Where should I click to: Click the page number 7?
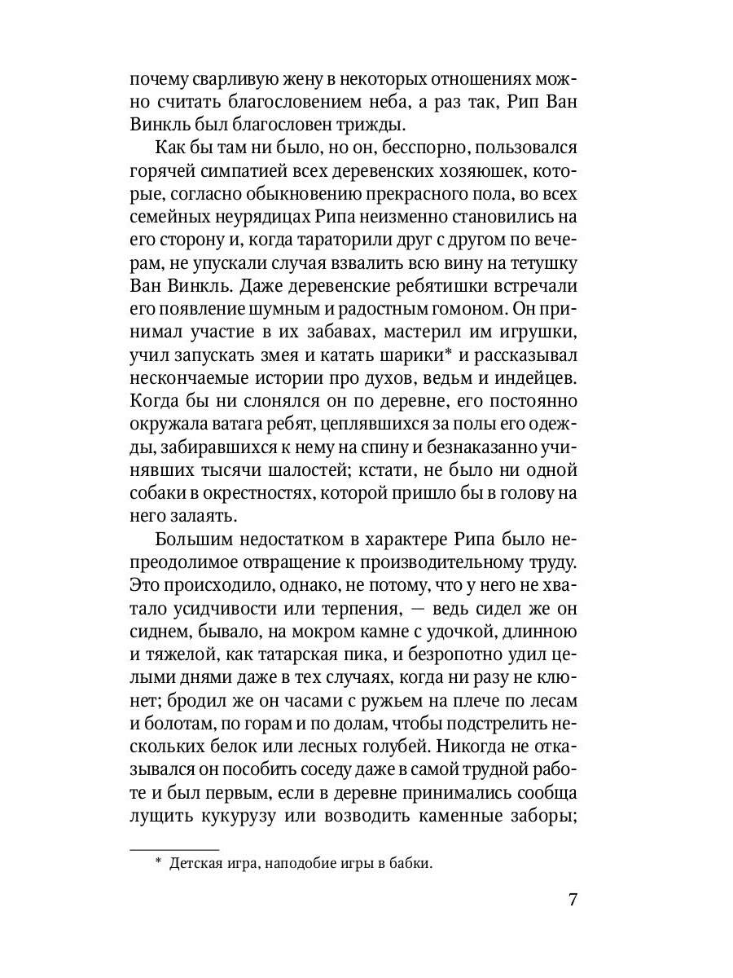coord(572,901)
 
